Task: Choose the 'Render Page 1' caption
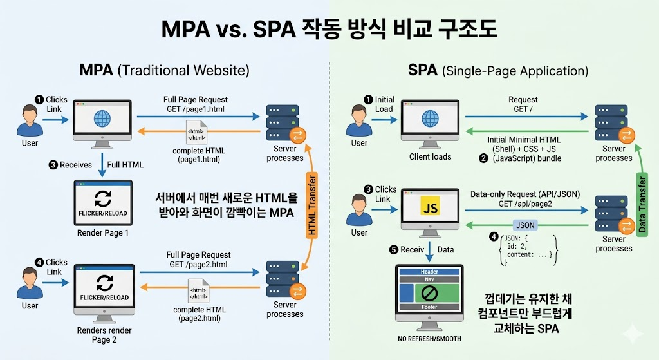(102, 232)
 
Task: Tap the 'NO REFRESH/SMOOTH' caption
(429, 339)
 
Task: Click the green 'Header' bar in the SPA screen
(429, 272)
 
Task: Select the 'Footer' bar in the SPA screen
(429, 307)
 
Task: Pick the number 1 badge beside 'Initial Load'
(368, 99)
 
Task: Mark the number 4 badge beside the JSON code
(494, 237)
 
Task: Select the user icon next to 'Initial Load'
(359, 120)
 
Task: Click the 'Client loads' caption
(430, 156)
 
